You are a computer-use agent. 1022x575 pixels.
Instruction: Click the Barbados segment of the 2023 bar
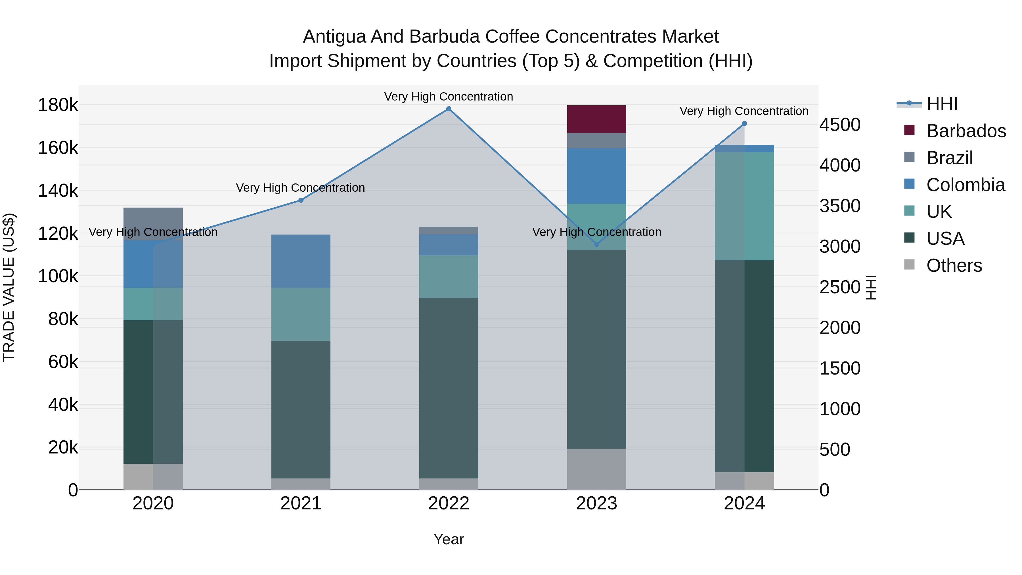(x=596, y=119)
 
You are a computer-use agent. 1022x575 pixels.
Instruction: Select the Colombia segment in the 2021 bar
(x=301, y=261)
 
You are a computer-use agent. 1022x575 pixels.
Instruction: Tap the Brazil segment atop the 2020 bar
(x=153, y=218)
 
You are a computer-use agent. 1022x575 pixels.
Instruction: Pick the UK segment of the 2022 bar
(x=449, y=276)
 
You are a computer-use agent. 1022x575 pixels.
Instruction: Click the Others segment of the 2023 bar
(x=596, y=469)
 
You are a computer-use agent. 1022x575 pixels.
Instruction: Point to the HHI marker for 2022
(x=449, y=109)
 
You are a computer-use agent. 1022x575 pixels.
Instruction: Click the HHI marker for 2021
(x=301, y=200)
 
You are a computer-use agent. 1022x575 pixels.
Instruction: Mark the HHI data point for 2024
(x=744, y=124)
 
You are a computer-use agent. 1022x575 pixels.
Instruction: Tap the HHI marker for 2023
(x=596, y=244)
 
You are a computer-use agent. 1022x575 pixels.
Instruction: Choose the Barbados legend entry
(x=966, y=131)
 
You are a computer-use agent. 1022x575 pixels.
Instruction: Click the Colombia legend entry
(x=965, y=185)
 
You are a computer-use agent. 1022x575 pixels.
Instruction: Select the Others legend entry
(x=954, y=265)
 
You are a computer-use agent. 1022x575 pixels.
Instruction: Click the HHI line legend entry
(x=942, y=104)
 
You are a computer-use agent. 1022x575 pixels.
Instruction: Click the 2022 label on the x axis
(x=449, y=503)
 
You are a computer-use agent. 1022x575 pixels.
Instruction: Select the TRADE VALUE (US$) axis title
(x=9, y=287)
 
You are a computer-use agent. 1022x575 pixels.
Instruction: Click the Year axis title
(x=449, y=539)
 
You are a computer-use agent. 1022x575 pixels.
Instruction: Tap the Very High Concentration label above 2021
(x=300, y=188)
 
